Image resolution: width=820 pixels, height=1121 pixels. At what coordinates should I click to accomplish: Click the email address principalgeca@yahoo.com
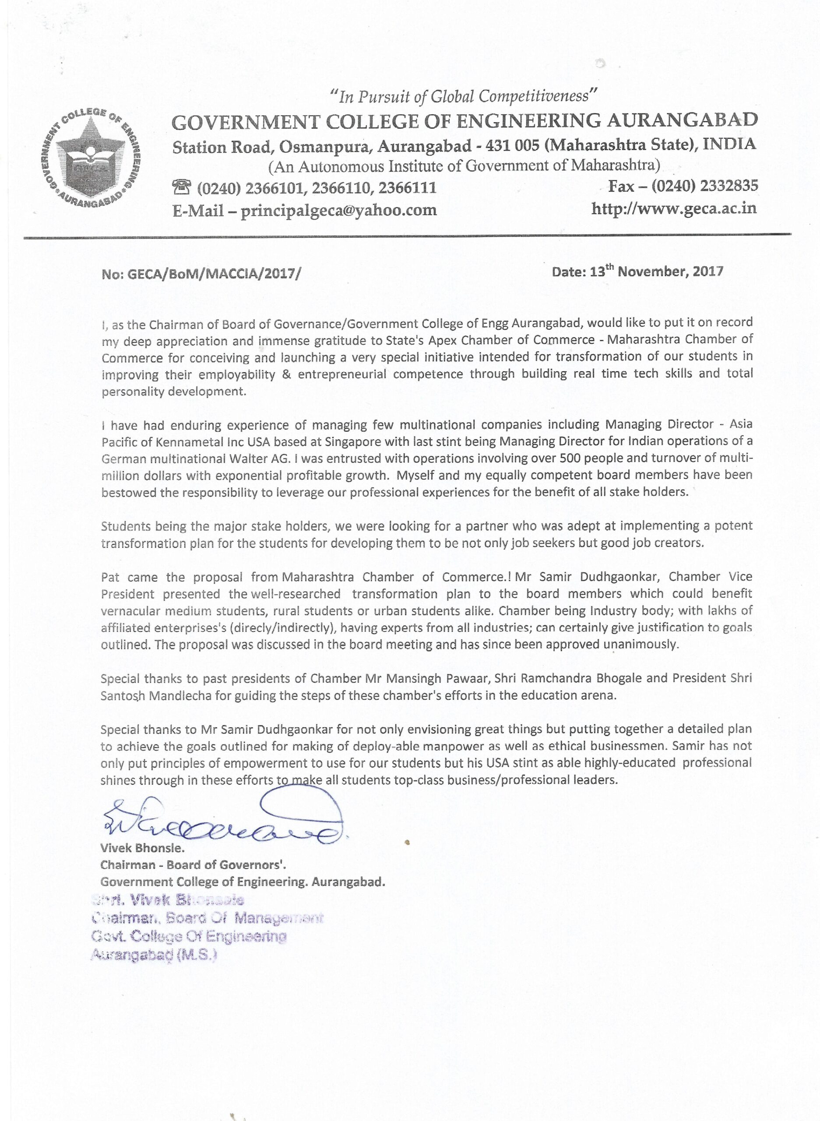coord(338,211)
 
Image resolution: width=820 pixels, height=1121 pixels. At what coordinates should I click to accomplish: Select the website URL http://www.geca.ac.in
coord(674,208)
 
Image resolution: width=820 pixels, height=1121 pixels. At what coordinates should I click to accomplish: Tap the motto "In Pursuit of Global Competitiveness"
coord(464,96)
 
